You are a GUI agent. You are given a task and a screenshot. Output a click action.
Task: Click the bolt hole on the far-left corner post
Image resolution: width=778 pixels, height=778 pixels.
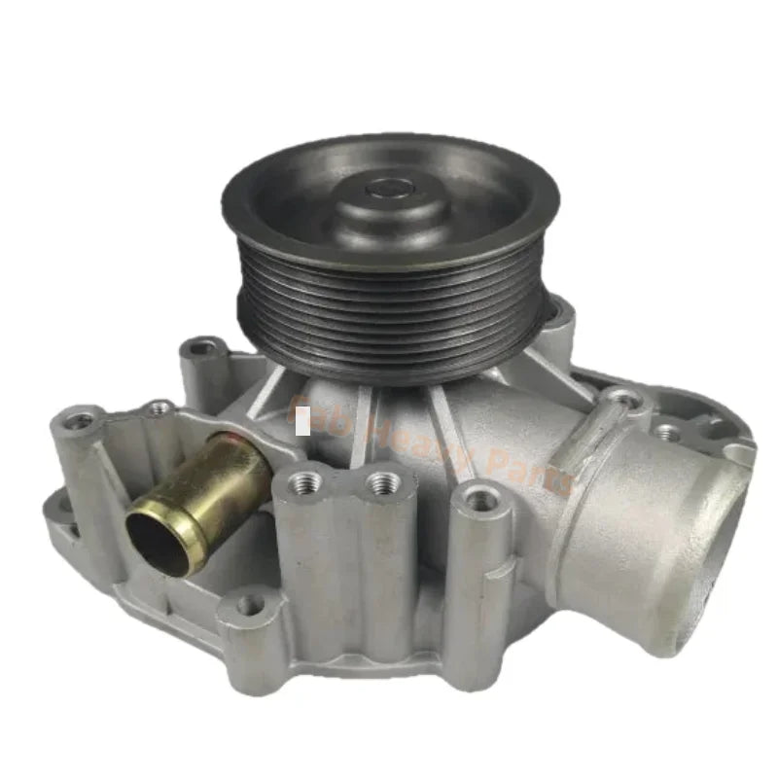click(81, 420)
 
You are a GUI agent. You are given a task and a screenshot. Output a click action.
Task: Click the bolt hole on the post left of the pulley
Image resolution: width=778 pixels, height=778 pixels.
click(203, 345)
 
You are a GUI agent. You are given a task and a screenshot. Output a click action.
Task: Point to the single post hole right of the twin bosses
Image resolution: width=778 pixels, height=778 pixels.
click(478, 498)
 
